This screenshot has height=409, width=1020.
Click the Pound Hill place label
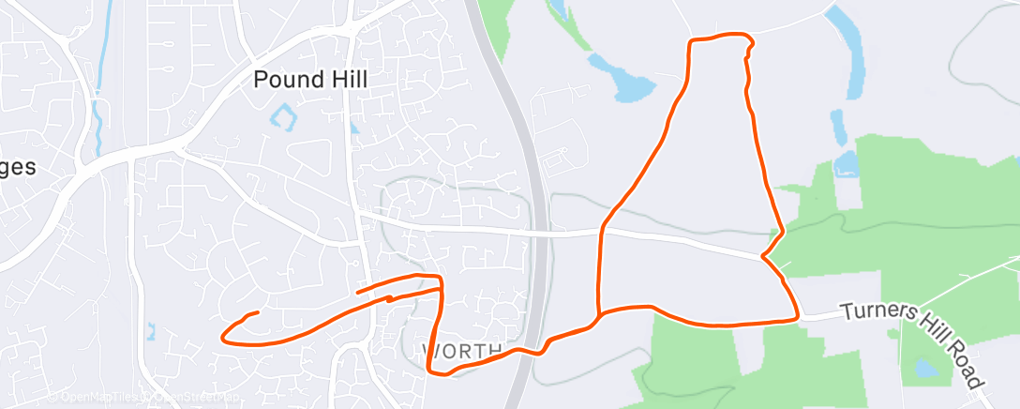click(x=311, y=80)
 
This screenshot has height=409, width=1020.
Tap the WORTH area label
click(x=461, y=351)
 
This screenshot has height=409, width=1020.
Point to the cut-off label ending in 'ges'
click(x=18, y=168)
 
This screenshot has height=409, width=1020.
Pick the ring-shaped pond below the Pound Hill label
click(x=282, y=118)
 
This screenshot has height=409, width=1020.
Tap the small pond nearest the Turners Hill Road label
click(x=927, y=368)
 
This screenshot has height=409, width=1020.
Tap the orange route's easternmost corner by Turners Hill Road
click(x=796, y=318)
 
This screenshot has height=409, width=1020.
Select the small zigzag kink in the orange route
click(x=389, y=298)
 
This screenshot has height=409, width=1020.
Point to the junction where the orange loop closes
click(x=599, y=313)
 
